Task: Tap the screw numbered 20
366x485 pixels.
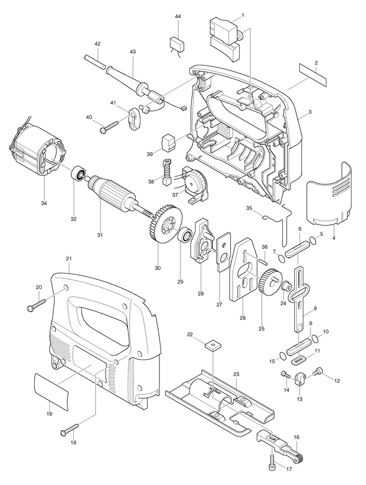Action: pos(37,304)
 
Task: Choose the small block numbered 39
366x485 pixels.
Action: pos(168,144)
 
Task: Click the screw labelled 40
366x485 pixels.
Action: pos(109,128)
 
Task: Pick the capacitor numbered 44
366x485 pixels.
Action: pos(177,45)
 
